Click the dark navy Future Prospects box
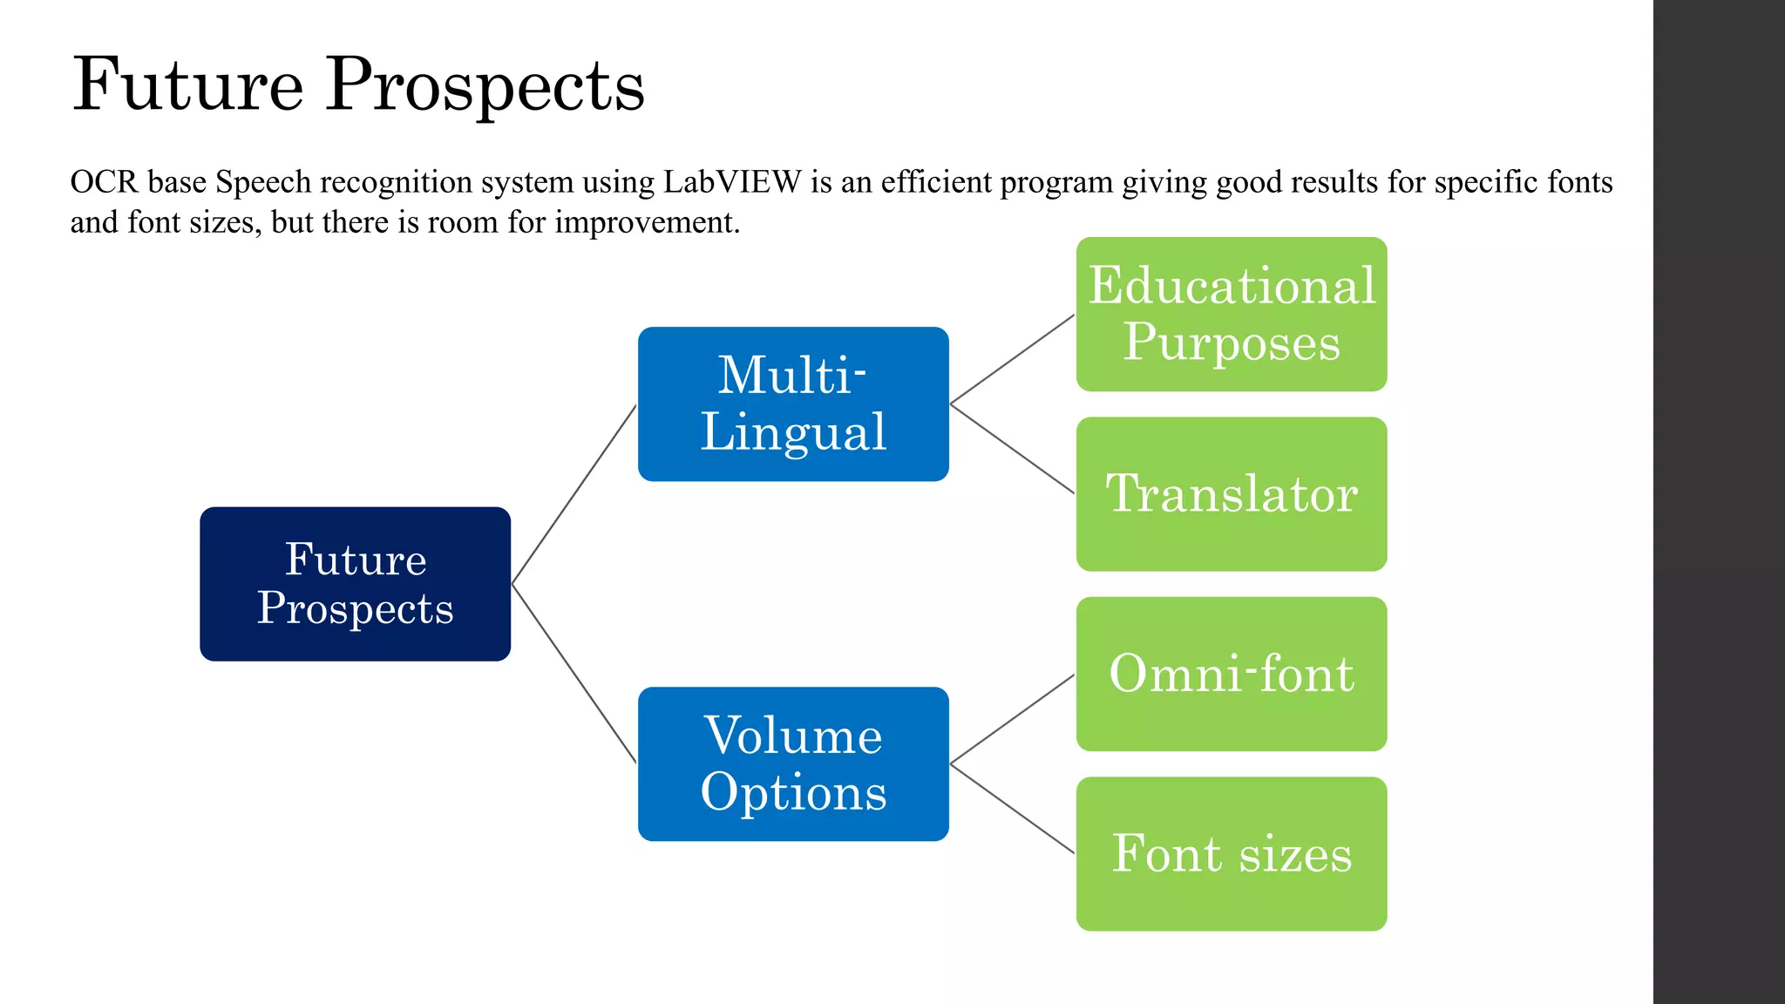[x=355, y=584]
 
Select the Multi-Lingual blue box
[x=793, y=404]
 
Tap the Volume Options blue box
[x=793, y=763]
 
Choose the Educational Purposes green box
[x=1231, y=314]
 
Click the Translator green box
[x=1231, y=494]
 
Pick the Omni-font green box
[x=1231, y=674]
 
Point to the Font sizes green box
[x=1231, y=853]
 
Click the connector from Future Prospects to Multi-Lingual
[x=574, y=494]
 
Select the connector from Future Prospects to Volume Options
[x=574, y=674]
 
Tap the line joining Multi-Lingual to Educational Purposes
[x=1012, y=359]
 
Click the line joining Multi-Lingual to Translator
[x=1012, y=449]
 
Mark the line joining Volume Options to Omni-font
[x=1012, y=719]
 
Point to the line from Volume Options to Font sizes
[x=1012, y=809]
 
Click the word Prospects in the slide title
[x=485, y=85]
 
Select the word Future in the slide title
[x=188, y=85]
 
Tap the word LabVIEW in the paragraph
[x=732, y=182]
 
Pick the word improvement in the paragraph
[x=647, y=222]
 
